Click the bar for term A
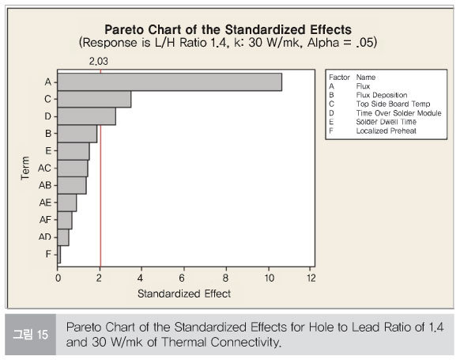tap(170, 82)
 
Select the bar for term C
tap(94, 99)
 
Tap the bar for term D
tap(86, 116)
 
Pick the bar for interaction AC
tap(73, 169)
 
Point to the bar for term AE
tap(67, 203)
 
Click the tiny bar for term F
tap(59, 254)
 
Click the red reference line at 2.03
tap(100, 168)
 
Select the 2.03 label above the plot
tap(99, 61)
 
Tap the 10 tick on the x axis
tap(270, 278)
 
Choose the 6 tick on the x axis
tap(182, 278)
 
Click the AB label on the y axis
tap(45, 185)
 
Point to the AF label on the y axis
tap(45, 220)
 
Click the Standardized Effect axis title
tap(184, 294)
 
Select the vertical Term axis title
tap(25, 168)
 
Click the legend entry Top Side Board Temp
tap(393, 104)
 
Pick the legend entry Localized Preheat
tap(386, 131)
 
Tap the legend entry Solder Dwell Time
tap(386, 122)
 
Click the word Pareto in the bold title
tap(124, 29)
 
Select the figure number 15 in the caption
tap(43, 335)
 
